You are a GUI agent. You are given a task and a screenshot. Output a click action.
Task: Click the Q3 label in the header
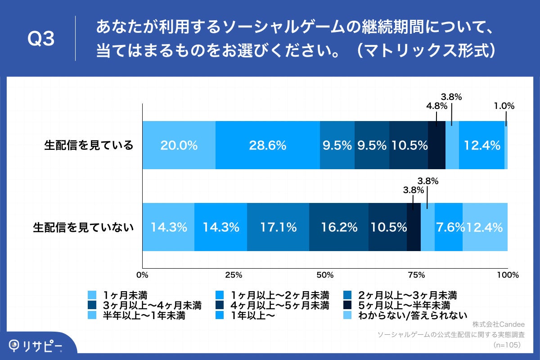41,40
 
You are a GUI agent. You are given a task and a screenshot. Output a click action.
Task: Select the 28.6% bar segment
268,145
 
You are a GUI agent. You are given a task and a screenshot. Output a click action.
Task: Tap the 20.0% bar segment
179,145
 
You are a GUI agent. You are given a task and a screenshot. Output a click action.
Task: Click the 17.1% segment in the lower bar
278,227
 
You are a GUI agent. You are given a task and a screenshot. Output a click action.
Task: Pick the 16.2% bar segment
339,227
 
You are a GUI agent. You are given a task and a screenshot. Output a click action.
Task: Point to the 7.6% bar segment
449,227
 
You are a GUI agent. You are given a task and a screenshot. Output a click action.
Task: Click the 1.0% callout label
504,106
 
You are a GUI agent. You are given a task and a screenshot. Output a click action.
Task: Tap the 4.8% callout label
437,106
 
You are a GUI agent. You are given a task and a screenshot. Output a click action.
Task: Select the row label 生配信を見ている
89,145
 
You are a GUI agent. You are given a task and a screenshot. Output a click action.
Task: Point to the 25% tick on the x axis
234,274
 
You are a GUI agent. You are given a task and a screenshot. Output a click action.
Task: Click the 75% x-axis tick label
416,274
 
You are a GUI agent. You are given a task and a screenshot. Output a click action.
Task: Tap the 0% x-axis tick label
142,274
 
